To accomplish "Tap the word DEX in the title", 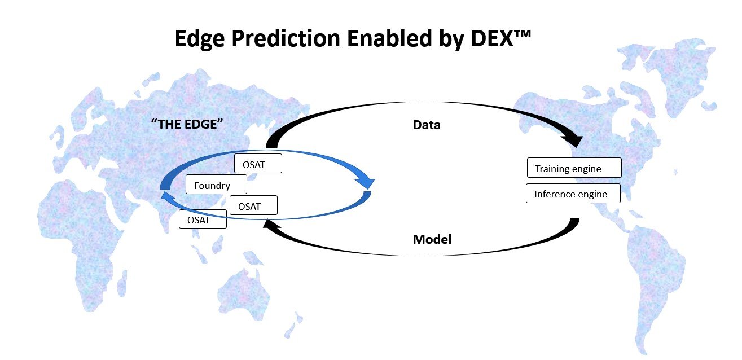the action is (x=491, y=38).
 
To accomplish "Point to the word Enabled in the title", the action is (x=389, y=38).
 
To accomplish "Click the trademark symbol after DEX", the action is (x=523, y=34).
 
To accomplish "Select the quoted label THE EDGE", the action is (x=187, y=124).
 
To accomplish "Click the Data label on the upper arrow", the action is (x=427, y=125).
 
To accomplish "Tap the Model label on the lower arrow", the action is (x=432, y=239).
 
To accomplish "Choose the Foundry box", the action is (x=216, y=185).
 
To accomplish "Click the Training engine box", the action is (x=574, y=168).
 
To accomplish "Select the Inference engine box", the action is (x=573, y=193).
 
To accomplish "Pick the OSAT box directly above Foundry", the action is (x=258, y=163).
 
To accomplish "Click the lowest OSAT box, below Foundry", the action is (x=203, y=219).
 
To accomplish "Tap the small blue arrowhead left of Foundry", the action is (x=166, y=196).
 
